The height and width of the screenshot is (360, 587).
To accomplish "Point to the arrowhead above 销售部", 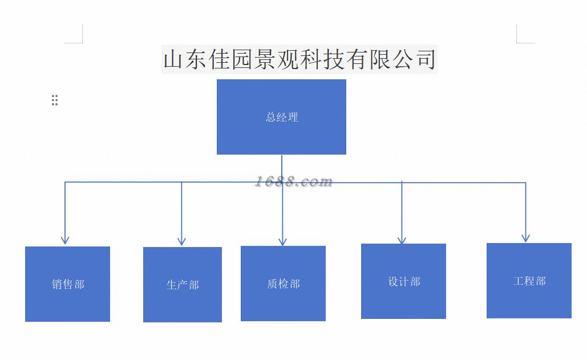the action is [65, 240].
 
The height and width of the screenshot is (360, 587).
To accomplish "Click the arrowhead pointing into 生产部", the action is [181, 241].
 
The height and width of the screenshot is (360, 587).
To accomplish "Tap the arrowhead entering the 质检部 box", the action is [282, 241].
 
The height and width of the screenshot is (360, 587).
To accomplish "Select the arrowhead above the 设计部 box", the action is [402, 240].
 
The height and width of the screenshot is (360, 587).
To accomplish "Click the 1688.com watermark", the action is [294, 181].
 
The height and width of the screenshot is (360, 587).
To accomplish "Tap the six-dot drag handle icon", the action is [55, 100].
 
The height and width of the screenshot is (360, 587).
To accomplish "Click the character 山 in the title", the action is [174, 59].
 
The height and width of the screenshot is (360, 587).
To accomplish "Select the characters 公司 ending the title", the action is [415, 59].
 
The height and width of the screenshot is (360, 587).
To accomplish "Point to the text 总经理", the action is [282, 117].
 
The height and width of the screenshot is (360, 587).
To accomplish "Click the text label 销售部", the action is [68, 284].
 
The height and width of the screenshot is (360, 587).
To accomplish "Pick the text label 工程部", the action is [529, 281].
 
